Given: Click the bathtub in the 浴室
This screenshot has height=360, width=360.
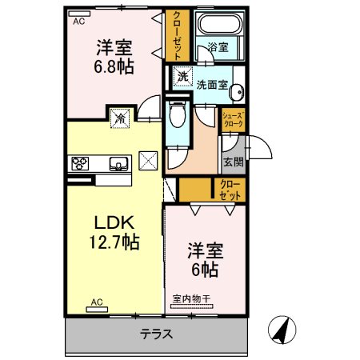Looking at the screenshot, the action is click(x=220, y=23).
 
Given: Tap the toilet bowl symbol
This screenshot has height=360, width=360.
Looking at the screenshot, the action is click(x=178, y=114).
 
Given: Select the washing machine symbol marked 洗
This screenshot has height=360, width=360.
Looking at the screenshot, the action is click(x=183, y=76).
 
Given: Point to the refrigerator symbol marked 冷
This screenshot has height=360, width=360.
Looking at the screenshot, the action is click(x=120, y=118).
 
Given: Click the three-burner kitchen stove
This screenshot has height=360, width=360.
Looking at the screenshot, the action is click(x=80, y=163).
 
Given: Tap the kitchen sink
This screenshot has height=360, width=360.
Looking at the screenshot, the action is click(x=118, y=163).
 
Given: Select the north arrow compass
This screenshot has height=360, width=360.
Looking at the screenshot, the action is click(x=282, y=330).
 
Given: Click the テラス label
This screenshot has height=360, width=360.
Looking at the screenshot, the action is click(x=157, y=334).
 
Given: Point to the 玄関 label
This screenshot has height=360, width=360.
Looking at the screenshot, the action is click(x=234, y=162).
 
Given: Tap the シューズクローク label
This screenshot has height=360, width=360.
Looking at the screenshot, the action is click(x=234, y=120).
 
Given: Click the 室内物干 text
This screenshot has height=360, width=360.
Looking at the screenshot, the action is click(x=191, y=298).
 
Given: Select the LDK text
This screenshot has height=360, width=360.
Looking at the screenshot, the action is click(x=114, y=223).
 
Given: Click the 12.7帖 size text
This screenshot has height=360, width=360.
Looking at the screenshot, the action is click(x=114, y=242).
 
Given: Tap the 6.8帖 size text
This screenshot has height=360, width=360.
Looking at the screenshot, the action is click(x=114, y=66).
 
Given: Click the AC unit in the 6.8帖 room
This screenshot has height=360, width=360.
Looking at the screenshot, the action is click(x=79, y=14).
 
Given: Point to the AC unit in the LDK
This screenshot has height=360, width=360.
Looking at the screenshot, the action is click(x=97, y=310).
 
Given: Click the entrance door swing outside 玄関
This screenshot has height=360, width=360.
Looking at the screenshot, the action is click(x=259, y=147).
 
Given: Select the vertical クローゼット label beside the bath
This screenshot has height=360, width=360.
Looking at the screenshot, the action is click(x=178, y=36).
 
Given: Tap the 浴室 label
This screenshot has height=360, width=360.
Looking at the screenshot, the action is click(x=218, y=47).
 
